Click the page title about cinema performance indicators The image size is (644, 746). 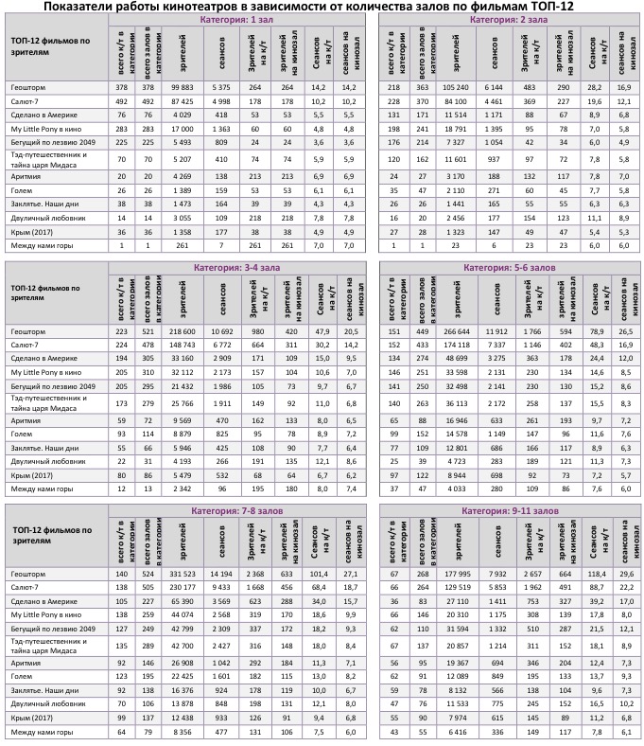pyautogui.click(x=322, y=7)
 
